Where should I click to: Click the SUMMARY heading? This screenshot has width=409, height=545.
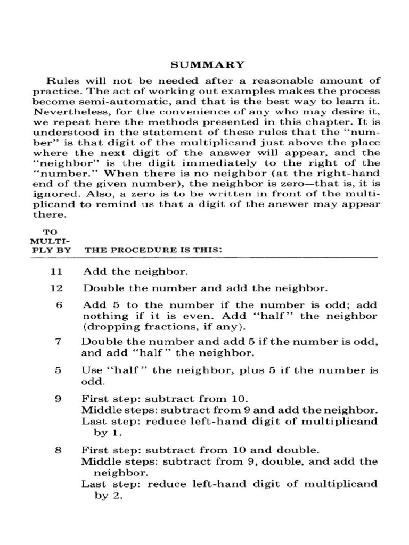207,64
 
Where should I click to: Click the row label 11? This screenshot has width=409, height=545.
56,271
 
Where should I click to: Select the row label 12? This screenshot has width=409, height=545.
56,288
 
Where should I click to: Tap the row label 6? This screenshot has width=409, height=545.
59,305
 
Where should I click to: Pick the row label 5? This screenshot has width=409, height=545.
59,370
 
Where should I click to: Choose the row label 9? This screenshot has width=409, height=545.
59,399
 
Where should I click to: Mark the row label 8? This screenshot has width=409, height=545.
59,450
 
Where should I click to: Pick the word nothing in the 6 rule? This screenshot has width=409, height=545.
101,316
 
